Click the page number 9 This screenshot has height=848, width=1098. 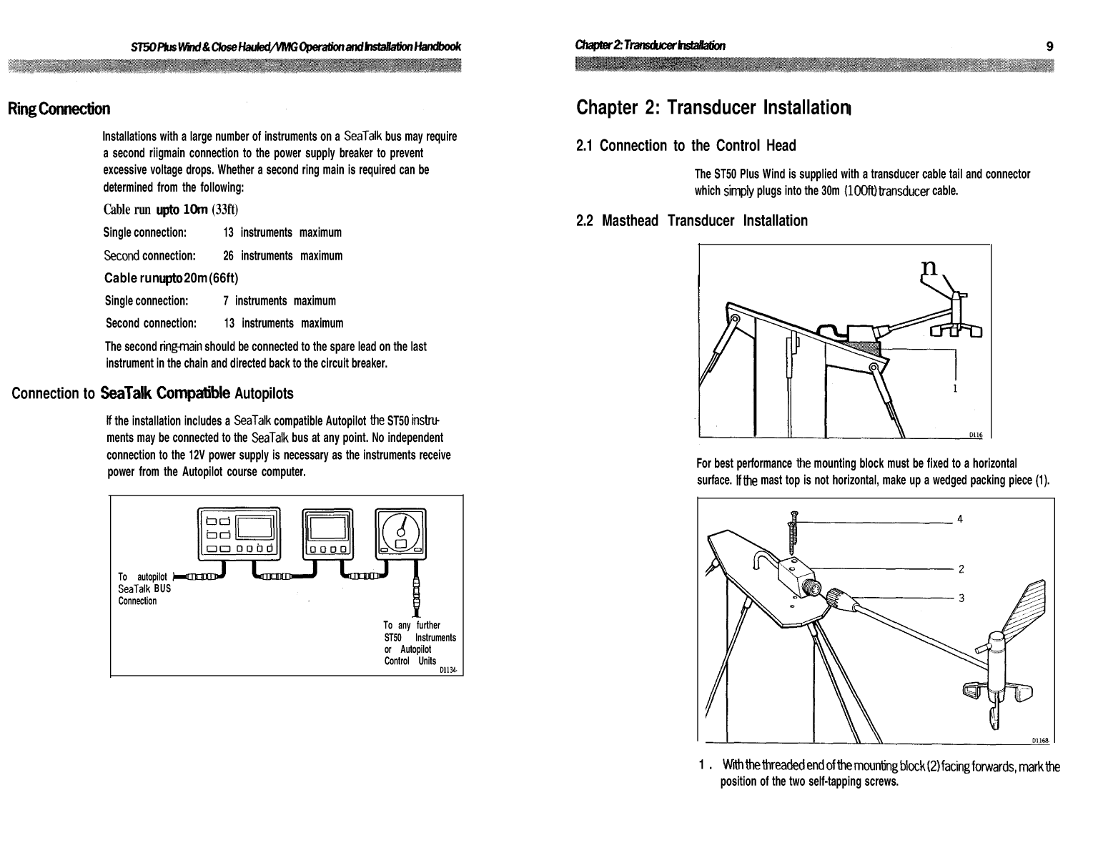tap(1049, 46)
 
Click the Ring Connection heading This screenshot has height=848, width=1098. tap(59, 109)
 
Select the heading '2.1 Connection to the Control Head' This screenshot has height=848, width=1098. tap(686, 146)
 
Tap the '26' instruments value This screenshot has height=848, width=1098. tap(228, 256)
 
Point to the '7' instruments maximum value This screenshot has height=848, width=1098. tap(226, 301)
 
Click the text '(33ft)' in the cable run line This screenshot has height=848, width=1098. tap(225, 209)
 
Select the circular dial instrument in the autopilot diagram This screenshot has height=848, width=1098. tap(401, 533)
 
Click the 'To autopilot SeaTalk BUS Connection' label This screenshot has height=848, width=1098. tap(144, 588)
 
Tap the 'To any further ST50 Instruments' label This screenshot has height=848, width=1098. tap(420, 631)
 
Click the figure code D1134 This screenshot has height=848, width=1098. tap(448, 670)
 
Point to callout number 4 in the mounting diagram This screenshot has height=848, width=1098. tap(960, 519)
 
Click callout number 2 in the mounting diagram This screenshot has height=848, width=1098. tap(961, 569)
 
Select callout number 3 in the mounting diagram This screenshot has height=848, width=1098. tap(961, 598)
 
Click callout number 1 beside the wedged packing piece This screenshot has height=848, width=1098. tap(955, 388)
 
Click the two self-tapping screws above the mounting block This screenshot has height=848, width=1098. tap(792, 533)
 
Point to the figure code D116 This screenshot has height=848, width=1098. tap(976, 435)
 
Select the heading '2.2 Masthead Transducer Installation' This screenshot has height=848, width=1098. tap(692, 221)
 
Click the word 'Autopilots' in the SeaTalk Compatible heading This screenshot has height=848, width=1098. tap(264, 393)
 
